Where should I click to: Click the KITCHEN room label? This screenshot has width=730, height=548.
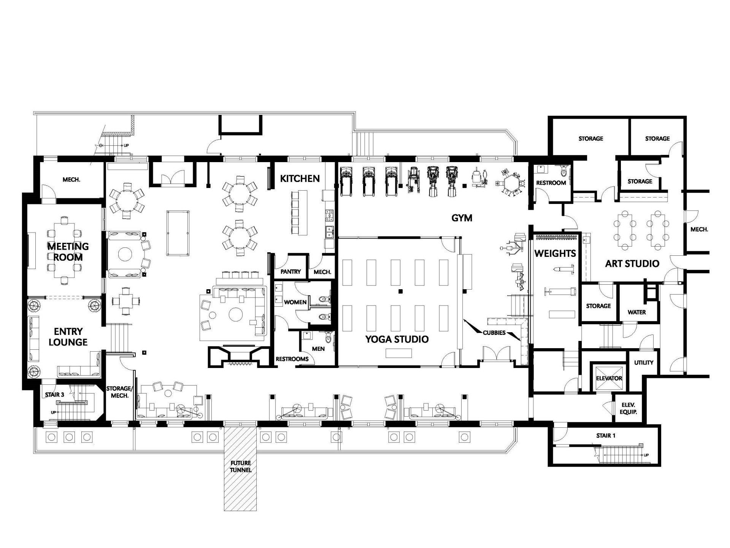click(x=300, y=178)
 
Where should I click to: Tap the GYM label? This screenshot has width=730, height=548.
click(x=462, y=218)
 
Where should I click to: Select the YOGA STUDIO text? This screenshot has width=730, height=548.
click(x=397, y=339)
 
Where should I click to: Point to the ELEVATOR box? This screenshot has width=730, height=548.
click(x=609, y=378)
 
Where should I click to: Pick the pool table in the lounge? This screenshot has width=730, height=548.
click(x=175, y=233)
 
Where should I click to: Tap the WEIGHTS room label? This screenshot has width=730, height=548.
click(x=555, y=253)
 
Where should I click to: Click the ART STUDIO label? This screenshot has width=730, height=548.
click(x=632, y=263)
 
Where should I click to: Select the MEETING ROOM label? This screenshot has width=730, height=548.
click(x=68, y=252)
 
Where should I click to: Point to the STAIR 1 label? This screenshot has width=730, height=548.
click(x=606, y=436)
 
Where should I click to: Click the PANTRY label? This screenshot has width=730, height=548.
click(x=291, y=272)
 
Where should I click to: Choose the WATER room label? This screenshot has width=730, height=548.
click(x=637, y=312)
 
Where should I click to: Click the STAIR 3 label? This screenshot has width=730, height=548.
click(x=54, y=395)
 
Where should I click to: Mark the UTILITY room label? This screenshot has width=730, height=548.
click(x=644, y=363)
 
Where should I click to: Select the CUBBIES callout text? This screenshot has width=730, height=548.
click(x=494, y=333)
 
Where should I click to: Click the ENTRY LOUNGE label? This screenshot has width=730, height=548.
click(x=68, y=337)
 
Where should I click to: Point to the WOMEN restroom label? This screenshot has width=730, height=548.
click(x=295, y=302)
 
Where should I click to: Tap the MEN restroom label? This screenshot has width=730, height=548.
click(x=318, y=349)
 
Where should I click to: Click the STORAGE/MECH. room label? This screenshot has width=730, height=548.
click(x=119, y=392)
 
